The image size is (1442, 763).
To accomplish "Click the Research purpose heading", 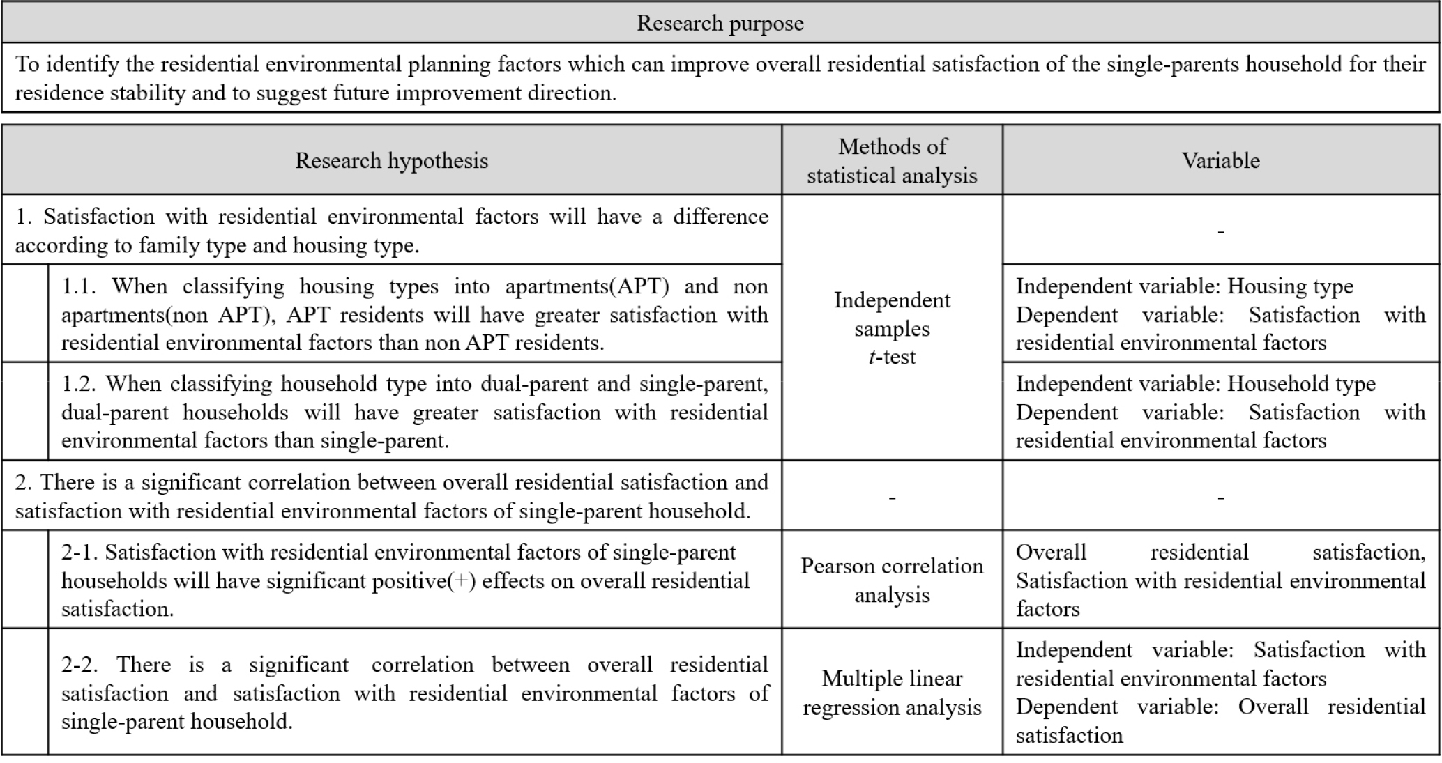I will click(x=720, y=24).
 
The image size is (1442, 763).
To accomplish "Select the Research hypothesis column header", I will click(x=391, y=161).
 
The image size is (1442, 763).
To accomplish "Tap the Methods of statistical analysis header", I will click(x=892, y=161).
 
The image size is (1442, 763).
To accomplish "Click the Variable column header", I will click(x=1220, y=161).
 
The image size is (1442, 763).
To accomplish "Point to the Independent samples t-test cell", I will click(x=892, y=328).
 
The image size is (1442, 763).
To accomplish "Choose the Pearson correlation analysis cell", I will click(x=892, y=580).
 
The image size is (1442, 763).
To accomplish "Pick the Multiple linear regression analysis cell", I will click(x=892, y=693).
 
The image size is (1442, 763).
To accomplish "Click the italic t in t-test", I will click(x=872, y=357).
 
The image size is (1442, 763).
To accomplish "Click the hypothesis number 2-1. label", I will click(x=79, y=553).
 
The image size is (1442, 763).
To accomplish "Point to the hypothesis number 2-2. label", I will click(x=79, y=665).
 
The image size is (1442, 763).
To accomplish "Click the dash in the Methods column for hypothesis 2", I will click(x=892, y=498).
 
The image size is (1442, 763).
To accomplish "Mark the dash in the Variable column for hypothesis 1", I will click(x=1220, y=231).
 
